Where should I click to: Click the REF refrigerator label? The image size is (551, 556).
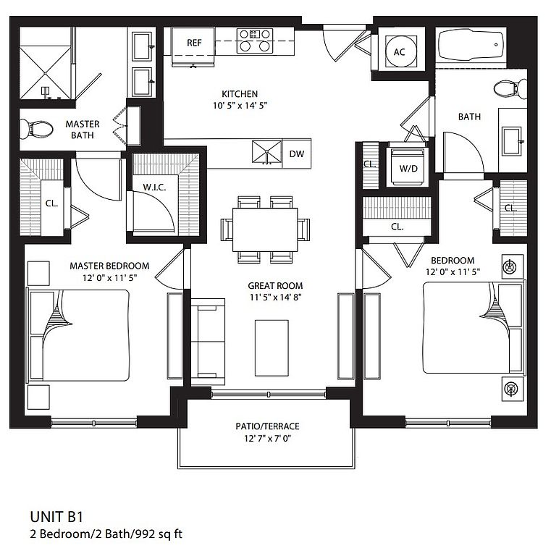click(194, 43)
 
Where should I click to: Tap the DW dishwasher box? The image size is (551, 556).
click(297, 153)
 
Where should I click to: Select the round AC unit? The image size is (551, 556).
click(399, 52)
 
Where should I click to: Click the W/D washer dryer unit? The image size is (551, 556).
click(408, 167)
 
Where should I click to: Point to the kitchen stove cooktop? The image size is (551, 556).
click(255, 41)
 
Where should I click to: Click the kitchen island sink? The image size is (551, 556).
click(267, 153)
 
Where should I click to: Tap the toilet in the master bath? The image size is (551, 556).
click(36, 129)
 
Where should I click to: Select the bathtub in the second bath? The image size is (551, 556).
click(471, 45)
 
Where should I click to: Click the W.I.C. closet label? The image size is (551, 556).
click(154, 187)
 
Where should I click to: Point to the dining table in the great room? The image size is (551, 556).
click(265, 229)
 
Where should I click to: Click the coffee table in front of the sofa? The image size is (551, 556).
click(272, 347)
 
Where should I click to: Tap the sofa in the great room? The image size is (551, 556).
click(208, 342)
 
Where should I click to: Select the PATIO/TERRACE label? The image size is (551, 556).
click(267, 426)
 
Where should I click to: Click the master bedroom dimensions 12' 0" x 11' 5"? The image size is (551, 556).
click(109, 277)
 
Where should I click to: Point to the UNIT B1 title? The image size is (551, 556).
click(56, 517)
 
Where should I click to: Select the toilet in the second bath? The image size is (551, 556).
click(510, 89)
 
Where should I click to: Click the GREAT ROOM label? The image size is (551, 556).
click(275, 285)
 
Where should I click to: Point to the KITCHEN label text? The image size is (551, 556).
click(240, 93)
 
